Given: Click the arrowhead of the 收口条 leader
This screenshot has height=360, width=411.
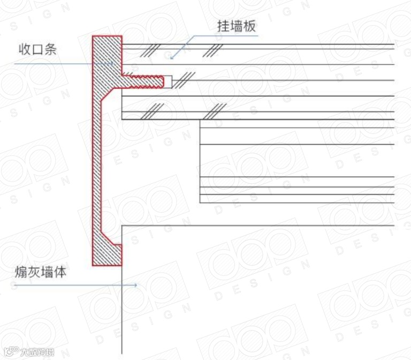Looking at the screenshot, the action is tap(115, 63).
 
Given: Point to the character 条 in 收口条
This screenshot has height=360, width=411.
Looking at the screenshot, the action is tap(51, 50).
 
